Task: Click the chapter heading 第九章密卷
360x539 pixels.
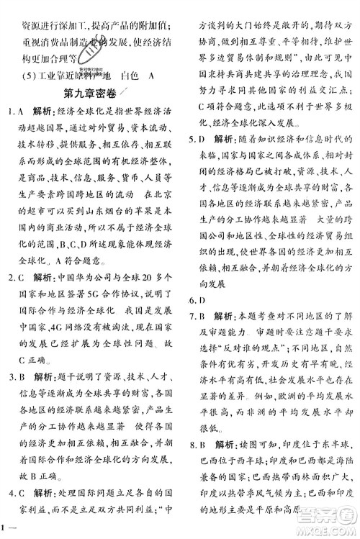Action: [96, 94]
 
